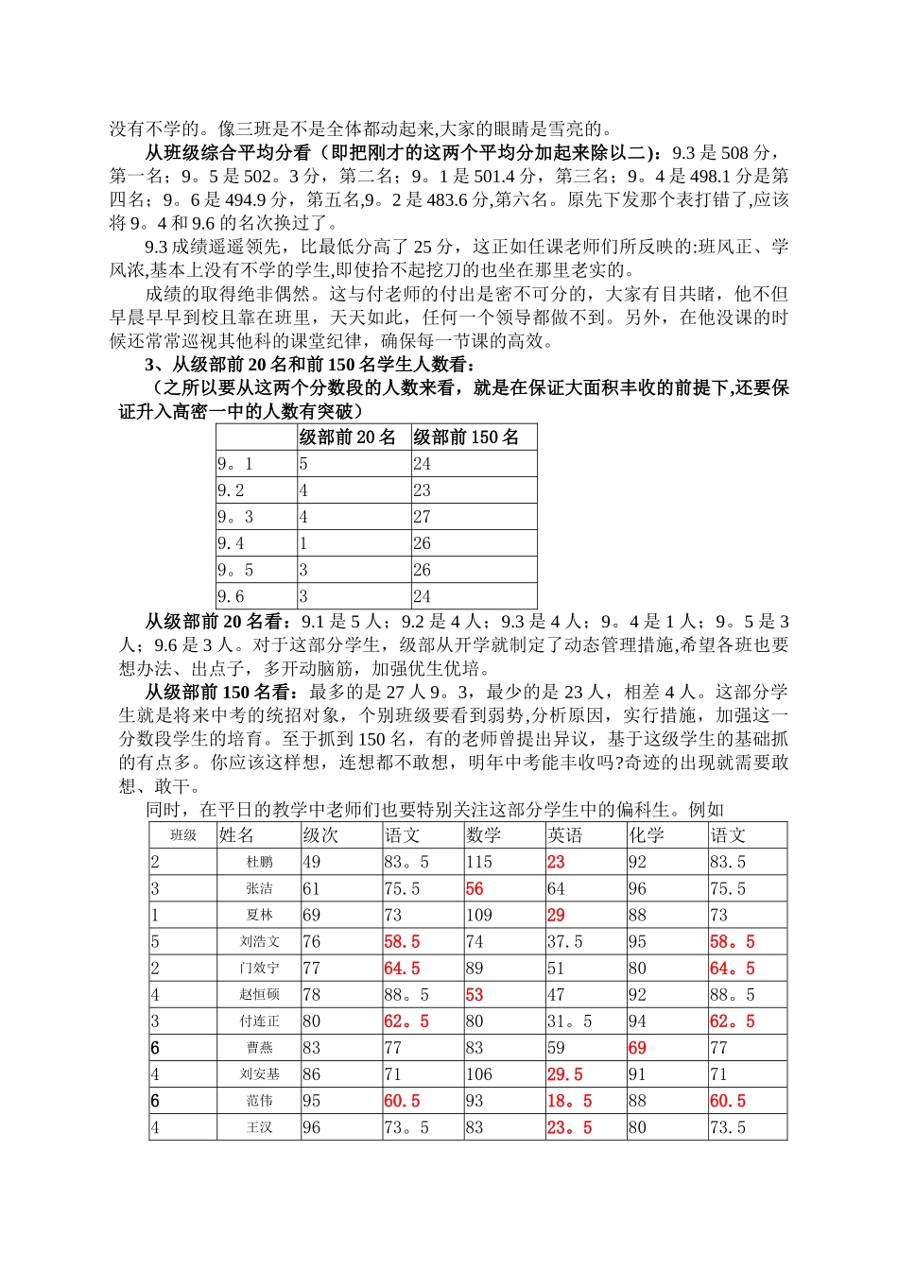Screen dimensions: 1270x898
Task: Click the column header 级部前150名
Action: [x=466, y=437]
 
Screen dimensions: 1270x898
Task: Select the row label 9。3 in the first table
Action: [x=235, y=517]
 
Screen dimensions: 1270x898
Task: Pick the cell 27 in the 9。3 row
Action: [x=422, y=517]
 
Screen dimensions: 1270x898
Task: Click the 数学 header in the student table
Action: [x=484, y=835]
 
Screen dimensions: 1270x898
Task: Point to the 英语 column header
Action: [x=565, y=835]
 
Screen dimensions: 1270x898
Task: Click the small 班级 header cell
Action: [x=183, y=835]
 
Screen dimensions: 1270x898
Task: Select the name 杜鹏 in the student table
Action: [x=259, y=862]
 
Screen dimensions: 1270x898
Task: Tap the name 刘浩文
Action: [x=259, y=941]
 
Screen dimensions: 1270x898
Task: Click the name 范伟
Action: [x=259, y=1101]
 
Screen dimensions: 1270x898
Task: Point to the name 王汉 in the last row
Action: [x=259, y=1127]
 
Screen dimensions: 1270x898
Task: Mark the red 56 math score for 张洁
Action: [x=475, y=888]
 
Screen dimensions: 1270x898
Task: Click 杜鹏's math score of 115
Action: [x=479, y=862]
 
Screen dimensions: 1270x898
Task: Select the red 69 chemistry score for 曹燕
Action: [x=637, y=1048]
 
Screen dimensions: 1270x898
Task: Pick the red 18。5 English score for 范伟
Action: [x=569, y=1101]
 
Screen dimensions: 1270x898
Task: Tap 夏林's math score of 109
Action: [x=479, y=915]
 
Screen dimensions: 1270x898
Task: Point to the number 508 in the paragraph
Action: [x=734, y=152]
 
